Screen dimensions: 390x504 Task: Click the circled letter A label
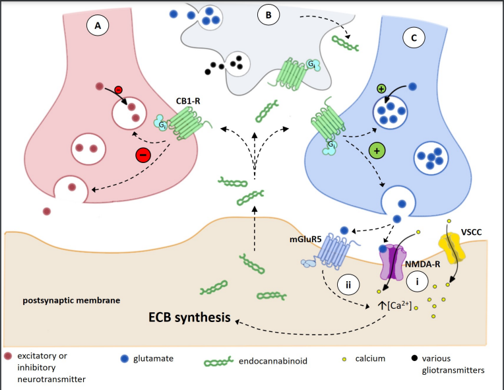(98, 27)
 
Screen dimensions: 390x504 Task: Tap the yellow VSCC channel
(452, 247)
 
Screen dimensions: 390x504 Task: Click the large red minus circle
(143, 155)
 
